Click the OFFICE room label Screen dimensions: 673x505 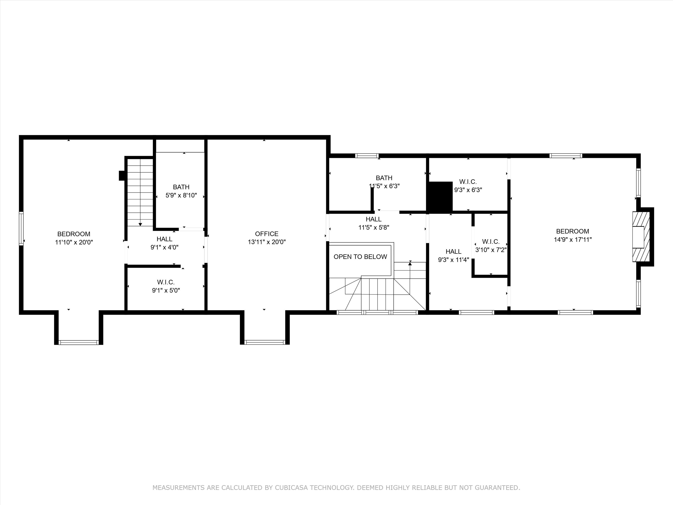[267, 234]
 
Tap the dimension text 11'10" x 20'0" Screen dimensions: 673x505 [74, 242]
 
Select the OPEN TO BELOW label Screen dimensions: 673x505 [360, 257]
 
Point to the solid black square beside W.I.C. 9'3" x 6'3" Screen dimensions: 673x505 [440, 196]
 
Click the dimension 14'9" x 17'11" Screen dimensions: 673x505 [572, 239]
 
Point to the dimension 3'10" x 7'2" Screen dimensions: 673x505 [491, 250]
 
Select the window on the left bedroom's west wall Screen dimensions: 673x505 [21, 229]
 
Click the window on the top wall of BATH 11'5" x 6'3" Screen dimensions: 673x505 [367, 156]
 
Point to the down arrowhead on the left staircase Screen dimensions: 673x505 [140, 224]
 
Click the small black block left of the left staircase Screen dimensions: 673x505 [122, 176]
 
